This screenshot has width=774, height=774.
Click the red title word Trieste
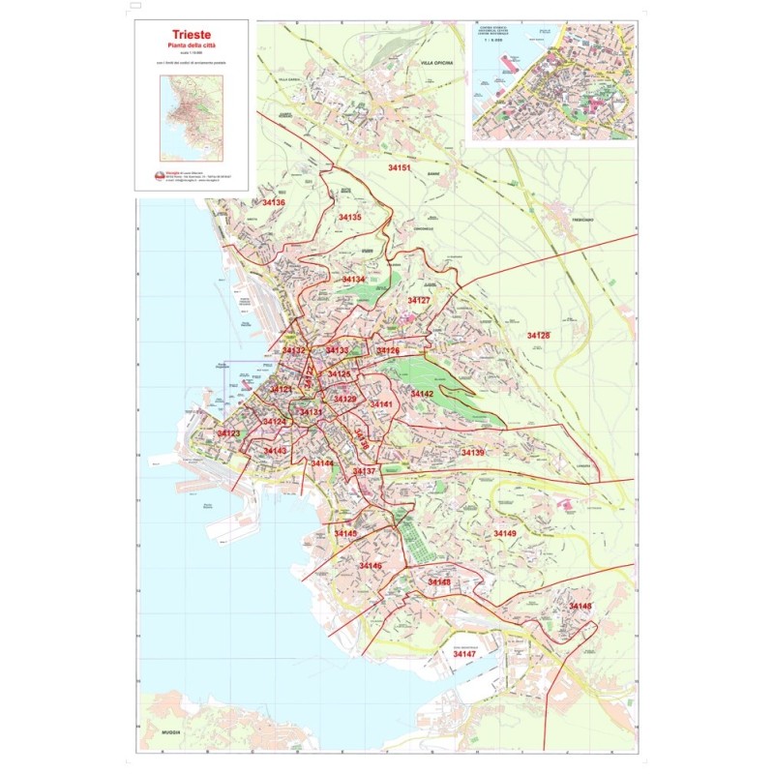point(191,33)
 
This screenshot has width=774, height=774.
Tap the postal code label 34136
point(274,202)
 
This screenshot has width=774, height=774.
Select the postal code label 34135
point(350,218)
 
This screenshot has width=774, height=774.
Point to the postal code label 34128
point(538,335)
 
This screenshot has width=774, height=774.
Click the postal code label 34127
point(418,301)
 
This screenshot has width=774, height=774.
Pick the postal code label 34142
point(422,394)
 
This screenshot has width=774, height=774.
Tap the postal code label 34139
point(473,453)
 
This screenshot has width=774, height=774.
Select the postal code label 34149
point(505,533)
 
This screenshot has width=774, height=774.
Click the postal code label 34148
point(580,606)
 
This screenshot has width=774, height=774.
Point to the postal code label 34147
point(464,655)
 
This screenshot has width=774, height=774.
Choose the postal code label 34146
point(371,565)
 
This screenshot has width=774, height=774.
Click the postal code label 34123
point(228,433)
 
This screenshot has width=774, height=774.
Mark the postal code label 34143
point(276,451)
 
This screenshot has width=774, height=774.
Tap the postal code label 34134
point(353,279)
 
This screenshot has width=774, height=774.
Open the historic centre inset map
point(551,82)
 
